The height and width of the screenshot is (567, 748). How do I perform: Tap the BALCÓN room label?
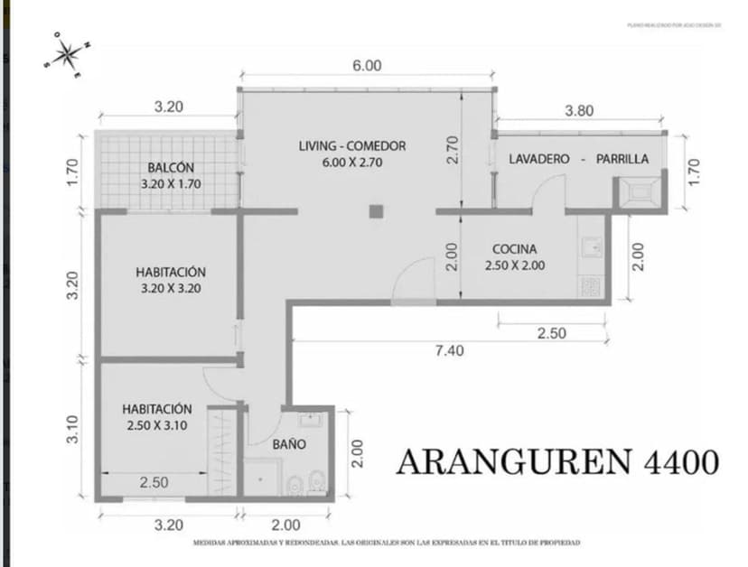(x=171, y=168)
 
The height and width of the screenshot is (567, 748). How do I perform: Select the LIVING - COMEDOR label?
(x=352, y=145)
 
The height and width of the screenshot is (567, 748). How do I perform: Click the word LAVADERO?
(x=539, y=159)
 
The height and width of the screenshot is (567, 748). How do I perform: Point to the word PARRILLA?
(x=622, y=159)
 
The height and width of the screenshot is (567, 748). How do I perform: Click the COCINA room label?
(x=515, y=249)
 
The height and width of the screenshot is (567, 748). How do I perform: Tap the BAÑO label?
(x=289, y=444)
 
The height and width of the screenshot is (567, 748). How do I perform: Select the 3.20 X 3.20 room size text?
(x=171, y=290)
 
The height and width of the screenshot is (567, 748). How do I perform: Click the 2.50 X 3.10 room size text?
(x=157, y=426)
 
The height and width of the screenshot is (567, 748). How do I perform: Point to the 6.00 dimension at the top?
(x=367, y=65)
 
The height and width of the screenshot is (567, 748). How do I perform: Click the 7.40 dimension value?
(x=449, y=351)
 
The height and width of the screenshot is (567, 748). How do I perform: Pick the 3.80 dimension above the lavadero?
(x=579, y=111)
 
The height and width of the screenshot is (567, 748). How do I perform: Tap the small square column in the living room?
(x=376, y=211)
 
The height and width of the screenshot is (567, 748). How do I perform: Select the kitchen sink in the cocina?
(x=592, y=246)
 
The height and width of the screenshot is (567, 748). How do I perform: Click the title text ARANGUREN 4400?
(x=557, y=462)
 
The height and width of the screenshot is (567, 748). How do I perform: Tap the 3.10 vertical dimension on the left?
(x=74, y=428)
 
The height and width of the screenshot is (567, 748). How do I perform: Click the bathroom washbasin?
(x=312, y=420)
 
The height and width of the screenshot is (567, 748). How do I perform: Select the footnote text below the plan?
(x=386, y=543)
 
